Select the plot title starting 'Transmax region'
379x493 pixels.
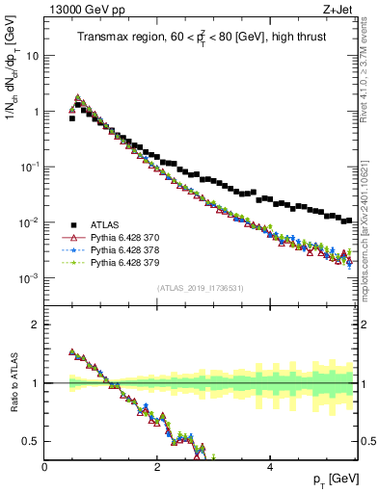[203, 37]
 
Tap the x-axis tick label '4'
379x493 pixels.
[269, 467]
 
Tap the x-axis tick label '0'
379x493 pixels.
[44, 467]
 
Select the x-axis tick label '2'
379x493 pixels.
[156, 467]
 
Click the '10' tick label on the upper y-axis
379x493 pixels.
[32, 56]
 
